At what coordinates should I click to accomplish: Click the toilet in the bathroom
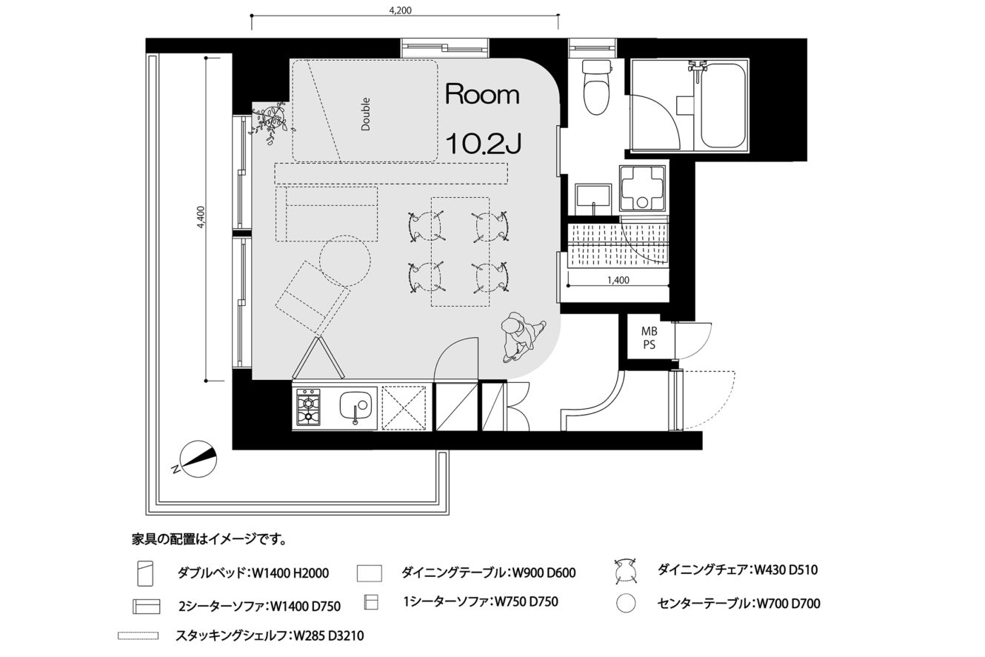point(596,87)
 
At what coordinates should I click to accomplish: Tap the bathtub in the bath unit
point(724,106)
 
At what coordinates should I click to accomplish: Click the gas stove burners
point(308,407)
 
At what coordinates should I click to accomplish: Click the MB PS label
point(649,338)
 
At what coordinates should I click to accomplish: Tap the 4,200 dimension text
point(401,10)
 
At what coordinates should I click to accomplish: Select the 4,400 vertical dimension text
point(201,217)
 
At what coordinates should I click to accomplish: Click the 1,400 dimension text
point(618,280)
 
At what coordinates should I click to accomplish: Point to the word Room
point(482,95)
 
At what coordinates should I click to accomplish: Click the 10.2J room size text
point(484,144)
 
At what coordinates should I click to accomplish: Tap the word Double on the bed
point(365,114)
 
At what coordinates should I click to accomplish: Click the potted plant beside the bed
point(271,121)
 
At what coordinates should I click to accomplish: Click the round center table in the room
point(345,261)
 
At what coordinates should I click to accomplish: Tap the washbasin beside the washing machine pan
point(593,199)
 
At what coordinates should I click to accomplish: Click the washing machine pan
point(642,188)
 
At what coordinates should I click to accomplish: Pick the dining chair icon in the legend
point(627,571)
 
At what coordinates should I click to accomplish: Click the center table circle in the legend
point(626,604)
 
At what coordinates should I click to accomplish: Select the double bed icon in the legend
point(145,573)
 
